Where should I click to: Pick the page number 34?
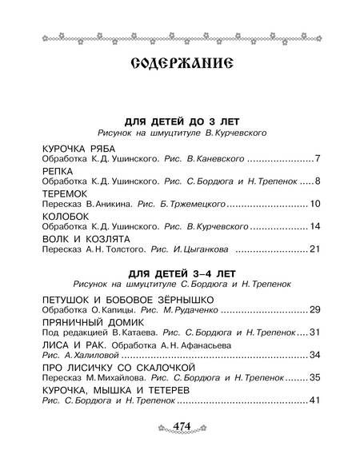(314, 354)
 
